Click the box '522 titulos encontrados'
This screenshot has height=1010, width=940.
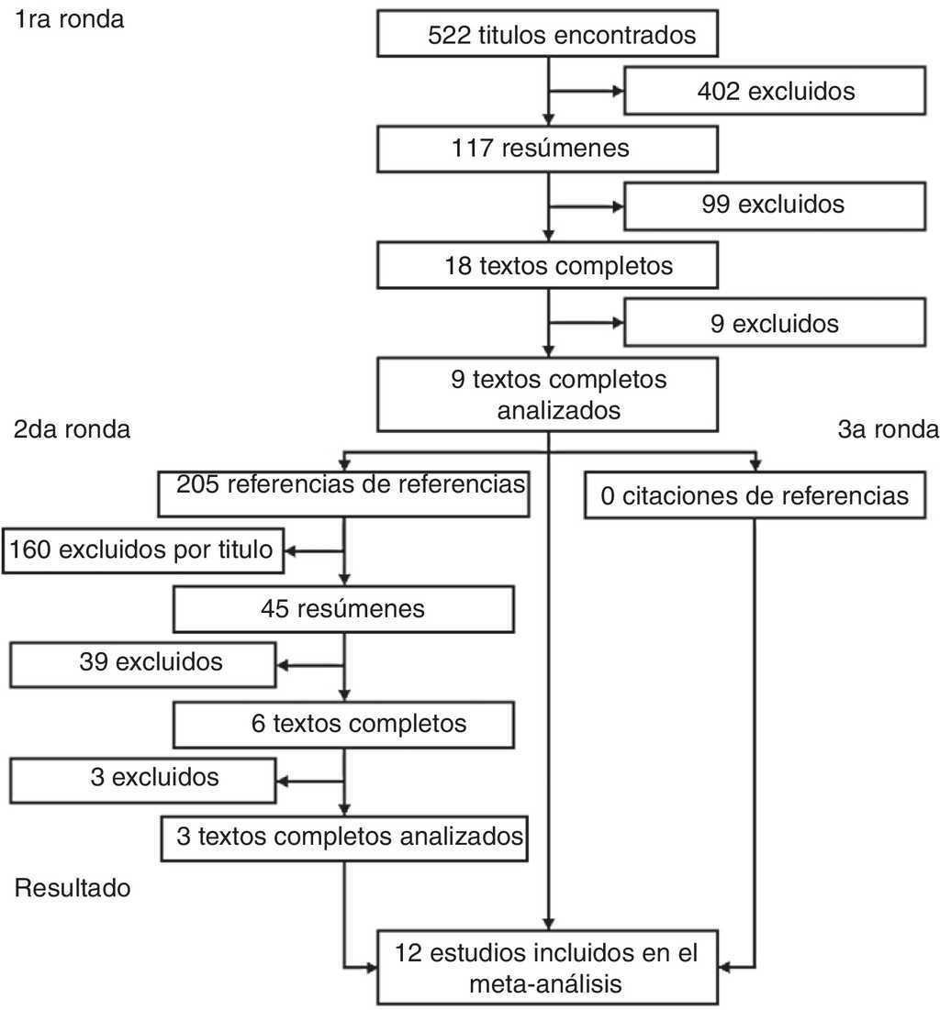[548, 37]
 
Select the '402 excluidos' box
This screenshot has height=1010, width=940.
[775, 92]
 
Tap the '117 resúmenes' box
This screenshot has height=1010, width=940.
[548, 149]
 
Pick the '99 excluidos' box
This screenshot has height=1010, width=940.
[775, 204]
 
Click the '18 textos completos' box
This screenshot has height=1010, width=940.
[548, 267]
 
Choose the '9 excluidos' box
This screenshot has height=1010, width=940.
[775, 324]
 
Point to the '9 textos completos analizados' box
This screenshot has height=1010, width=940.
[548, 394]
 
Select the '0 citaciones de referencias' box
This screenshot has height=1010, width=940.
[755, 497]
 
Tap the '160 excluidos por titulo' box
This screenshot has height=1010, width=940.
[142, 550]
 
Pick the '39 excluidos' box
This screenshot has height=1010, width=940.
[142, 663]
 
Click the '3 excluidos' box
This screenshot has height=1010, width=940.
[142, 779]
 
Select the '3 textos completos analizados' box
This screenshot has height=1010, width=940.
[343, 837]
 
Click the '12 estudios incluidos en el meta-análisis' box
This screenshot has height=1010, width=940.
[548, 968]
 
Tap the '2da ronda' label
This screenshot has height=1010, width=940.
[73, 429]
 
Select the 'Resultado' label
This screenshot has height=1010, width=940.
[73, 888]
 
